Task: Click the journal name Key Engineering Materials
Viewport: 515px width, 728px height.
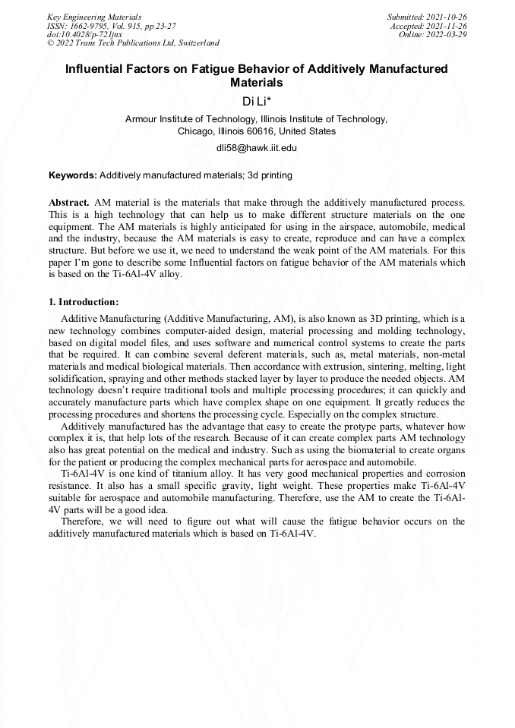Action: click(x=94, y=16)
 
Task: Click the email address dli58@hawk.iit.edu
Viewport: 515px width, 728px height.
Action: click(x=257, y=147)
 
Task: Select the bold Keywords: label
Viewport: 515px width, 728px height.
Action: click(x=73, y=175)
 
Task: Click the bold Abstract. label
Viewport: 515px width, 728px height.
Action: click(x=69, y=203)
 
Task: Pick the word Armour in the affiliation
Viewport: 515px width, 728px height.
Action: click(x=142, y=119)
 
